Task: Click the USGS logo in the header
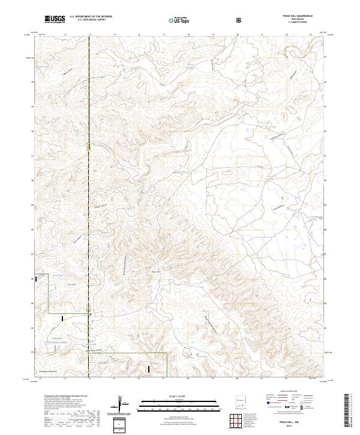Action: (55, 20)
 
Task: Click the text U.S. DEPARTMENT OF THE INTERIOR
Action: (91, 17)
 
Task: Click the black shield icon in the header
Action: (240, 20)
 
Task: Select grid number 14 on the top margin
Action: (89, 35)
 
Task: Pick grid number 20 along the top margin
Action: (238, 35)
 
